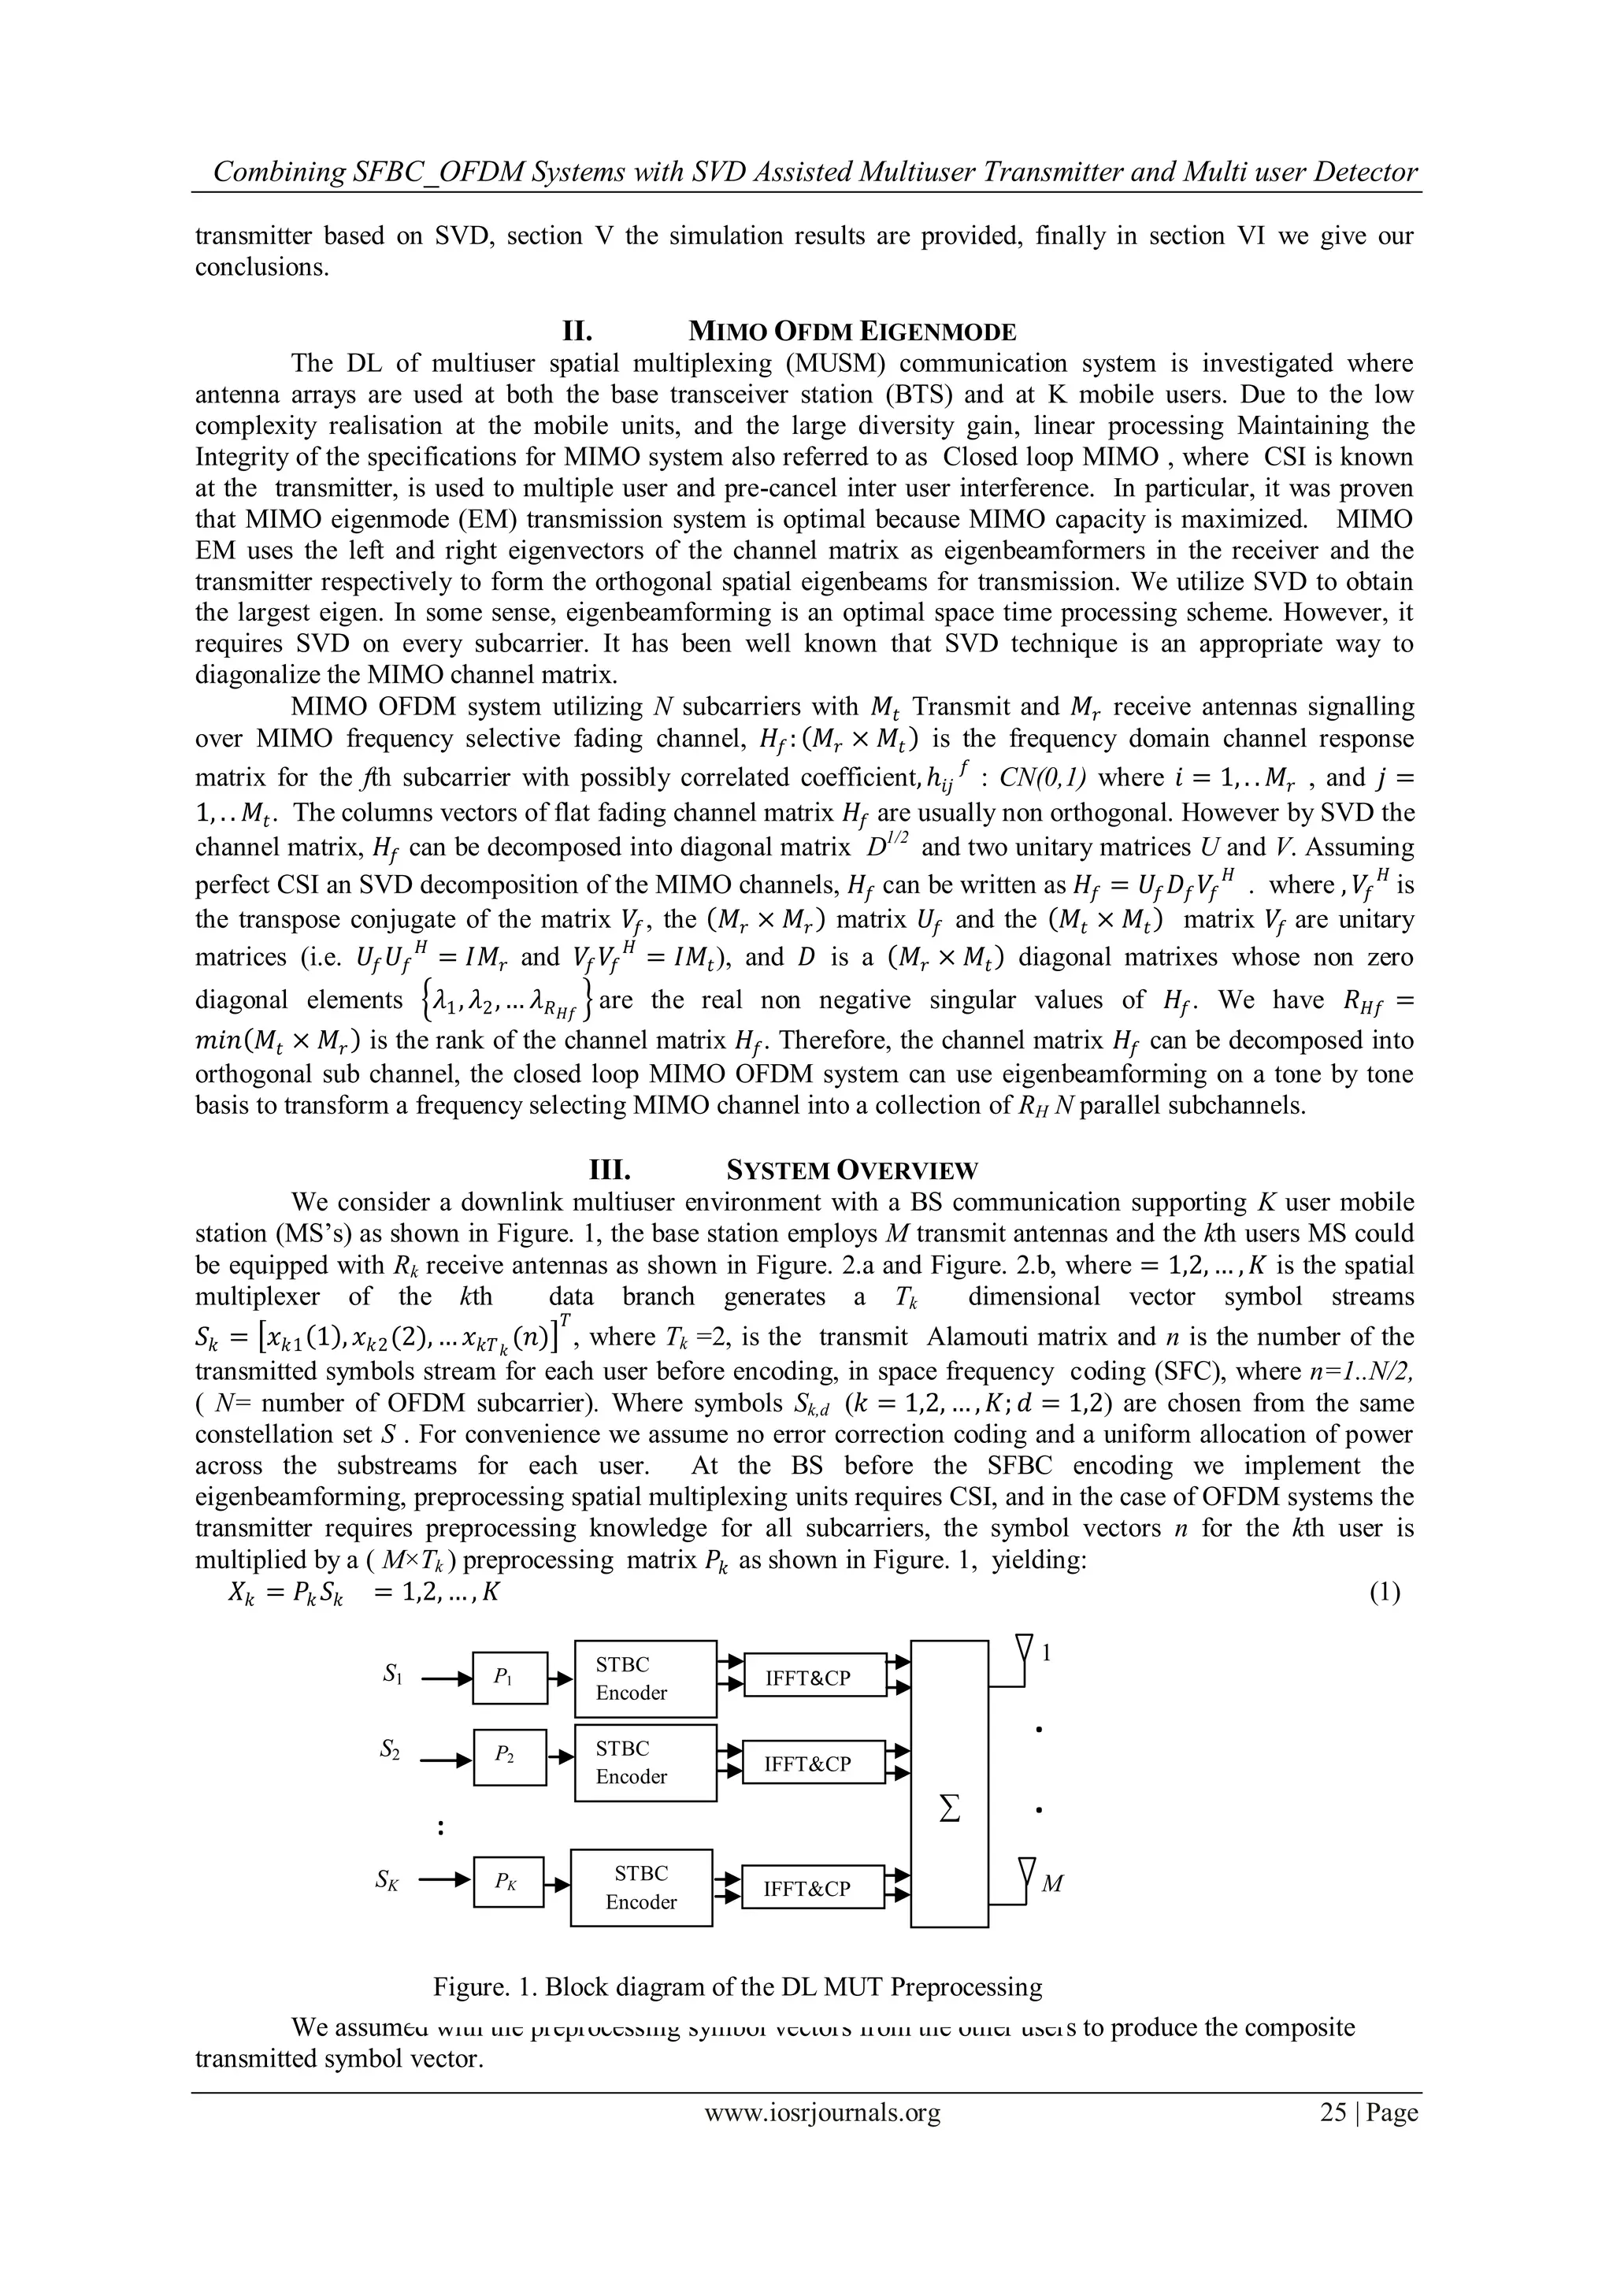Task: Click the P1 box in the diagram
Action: [510, 1677]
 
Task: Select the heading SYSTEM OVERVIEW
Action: [852, 1170]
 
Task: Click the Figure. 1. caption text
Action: [737, 1987]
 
